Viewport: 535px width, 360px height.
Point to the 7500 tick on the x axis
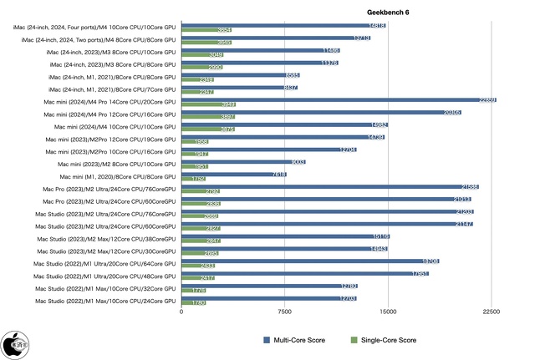click(284, 312)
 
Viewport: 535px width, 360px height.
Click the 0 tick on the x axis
click(181, 312)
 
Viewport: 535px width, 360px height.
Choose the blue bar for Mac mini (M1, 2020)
click(234, 175)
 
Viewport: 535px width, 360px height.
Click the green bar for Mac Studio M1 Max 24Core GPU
click(193, 302)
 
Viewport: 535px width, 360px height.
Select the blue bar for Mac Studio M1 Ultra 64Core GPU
click(310, 261)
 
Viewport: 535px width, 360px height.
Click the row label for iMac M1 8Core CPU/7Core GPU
click(112, 89)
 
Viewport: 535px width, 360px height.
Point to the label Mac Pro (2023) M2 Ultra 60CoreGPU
click(106, 202)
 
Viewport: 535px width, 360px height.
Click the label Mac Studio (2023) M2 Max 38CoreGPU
click(106, 240)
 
